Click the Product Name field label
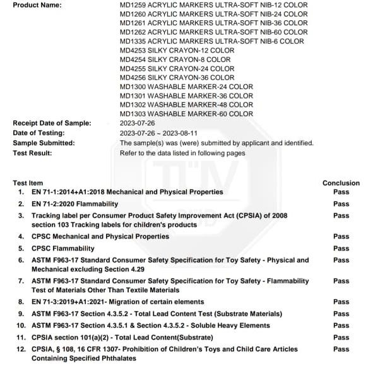pyautogui.click(x=37, y=5)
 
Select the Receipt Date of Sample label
pyautogui.click(x=52, y=123)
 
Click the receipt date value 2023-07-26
pyautogui.click(x=138, y=123)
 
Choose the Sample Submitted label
pyautogui.click(x=44, y=143)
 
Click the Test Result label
pyautogui.click(x=32, y=153)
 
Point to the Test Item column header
pyautogui.click(x=28, y=183)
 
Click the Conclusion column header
pyautogui.click(x=341, y=183)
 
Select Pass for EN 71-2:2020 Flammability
pyautogui.click(x=341, y=204)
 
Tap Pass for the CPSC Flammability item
pyautogui.click(x=341, y=248)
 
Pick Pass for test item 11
pyautogui.click(x=341, y=337)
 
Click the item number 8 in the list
pyautogui.click(x=21, y=302)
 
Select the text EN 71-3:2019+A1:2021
pyautogui.click(x=72, y=302)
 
